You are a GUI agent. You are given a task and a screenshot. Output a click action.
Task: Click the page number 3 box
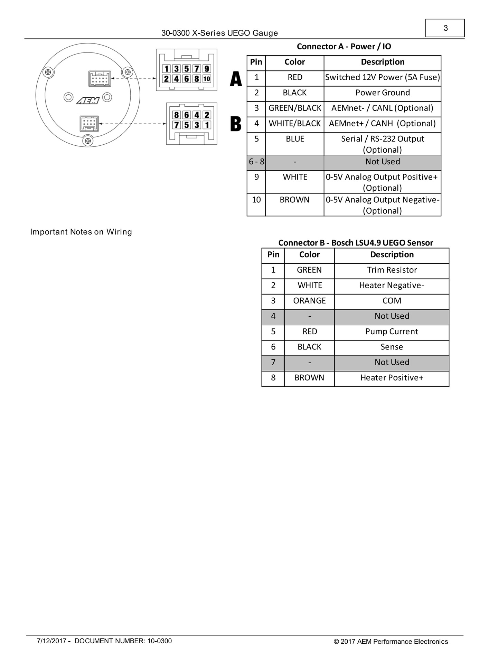point(445,28)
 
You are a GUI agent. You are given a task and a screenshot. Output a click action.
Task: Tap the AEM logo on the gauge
point(88,100)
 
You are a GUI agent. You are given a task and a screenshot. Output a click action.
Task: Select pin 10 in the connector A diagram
point(207,79)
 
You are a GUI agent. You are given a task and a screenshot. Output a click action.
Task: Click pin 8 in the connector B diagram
point(176,115)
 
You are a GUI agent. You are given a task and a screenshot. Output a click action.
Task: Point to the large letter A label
point(236,79)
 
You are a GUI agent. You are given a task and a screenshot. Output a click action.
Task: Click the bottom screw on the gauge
point(88,141)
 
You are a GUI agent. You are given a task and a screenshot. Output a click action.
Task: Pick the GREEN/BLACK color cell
point(295,108)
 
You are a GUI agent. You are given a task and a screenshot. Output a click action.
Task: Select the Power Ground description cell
point(382,93)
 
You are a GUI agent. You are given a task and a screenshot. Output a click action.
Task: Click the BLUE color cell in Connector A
point(295,139)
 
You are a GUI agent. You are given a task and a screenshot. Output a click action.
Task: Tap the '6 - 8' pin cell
point(256,162)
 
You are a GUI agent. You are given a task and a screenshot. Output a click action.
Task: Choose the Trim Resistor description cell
point(392,270)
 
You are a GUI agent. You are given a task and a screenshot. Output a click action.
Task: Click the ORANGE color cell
point(309,301)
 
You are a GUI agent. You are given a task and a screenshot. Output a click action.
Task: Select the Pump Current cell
point(392,331)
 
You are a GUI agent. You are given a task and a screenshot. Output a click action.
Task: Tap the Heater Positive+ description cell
point(392,378)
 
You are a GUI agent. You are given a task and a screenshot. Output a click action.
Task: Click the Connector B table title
point(355,243)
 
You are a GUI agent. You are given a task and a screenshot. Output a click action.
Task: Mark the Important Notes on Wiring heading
point(81,232)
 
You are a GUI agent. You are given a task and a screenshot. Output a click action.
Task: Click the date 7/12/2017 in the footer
point(51,641)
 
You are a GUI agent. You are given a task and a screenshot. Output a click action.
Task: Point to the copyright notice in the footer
point(391,642)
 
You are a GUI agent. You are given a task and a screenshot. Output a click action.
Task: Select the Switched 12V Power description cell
point(382,77)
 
